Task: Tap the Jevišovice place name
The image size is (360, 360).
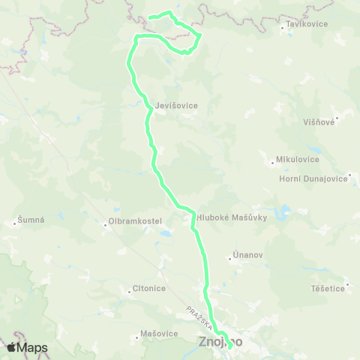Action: [178, 106]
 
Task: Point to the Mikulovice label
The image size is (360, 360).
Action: [298, 159]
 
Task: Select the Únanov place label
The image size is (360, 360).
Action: [247, 256]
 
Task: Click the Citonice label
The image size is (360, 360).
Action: [148, 288]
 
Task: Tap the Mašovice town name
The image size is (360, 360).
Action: [159, 333]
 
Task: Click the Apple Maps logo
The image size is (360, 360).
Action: [27, 347]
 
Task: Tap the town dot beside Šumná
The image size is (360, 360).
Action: [15, 222]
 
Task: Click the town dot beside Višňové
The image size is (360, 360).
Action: [337, 118]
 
